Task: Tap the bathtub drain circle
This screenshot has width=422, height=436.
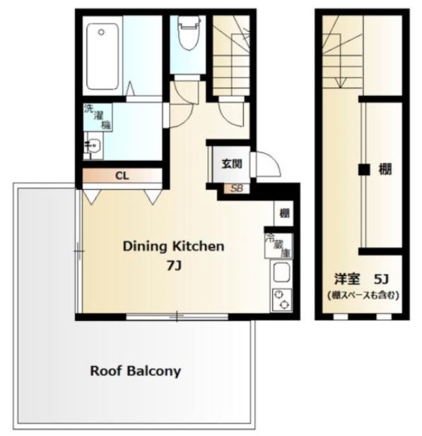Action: tap(101, 32)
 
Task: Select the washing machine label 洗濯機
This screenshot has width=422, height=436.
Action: tap(98, 117)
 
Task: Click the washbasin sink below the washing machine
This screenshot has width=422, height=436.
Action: tap(93, 145)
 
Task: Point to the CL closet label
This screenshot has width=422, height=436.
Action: tap(122, 176)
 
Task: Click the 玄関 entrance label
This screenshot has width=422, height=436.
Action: tap(231, 164)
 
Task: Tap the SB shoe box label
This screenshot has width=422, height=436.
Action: tap(237, 188)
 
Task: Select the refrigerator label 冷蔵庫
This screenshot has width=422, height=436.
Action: tap(279, 246)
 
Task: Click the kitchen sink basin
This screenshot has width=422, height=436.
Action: tap(281, 272)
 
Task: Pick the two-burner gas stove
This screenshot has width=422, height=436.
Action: tap(281, 301)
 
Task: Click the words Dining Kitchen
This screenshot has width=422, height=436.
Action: tap(173, 246)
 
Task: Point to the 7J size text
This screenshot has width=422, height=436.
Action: tap(174, 267)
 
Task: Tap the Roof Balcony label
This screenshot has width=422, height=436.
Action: tap(136, 371)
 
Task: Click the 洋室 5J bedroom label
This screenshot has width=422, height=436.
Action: tap(361, 279)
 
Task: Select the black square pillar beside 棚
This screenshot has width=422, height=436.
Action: tap(364, 169)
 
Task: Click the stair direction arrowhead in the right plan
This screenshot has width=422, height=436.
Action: tap(340, 83)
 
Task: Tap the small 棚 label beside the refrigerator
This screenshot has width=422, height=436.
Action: tap(284, 213)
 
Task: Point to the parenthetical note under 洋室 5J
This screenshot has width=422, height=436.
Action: tap(363, 295)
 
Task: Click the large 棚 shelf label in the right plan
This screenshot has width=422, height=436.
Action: tap(385, 169)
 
